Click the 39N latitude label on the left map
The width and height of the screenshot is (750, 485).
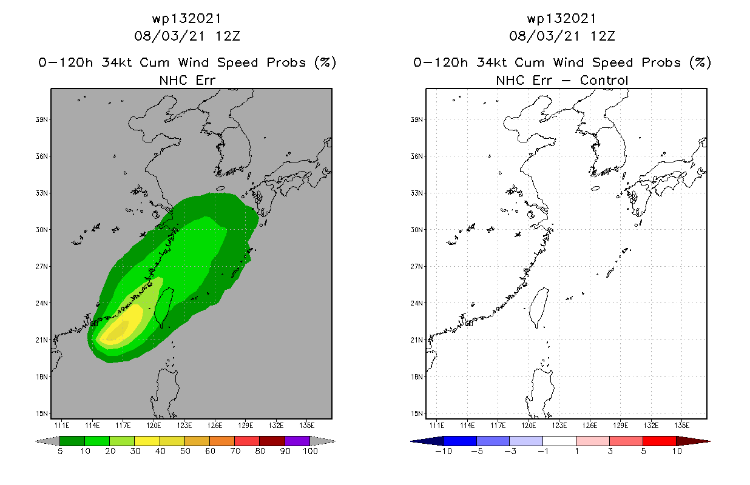pos(42,119)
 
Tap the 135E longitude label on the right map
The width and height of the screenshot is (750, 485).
pos(681,425)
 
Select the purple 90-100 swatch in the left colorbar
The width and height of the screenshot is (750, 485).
pos(297,441)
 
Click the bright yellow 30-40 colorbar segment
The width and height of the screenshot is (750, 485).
pos(147,441)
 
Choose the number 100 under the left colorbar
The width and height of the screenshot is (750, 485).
pos(310,452)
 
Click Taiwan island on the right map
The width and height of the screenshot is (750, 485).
pos(538,307)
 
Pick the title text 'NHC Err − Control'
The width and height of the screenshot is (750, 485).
pos(562,80)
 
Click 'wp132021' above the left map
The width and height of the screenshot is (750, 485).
pos(187,19)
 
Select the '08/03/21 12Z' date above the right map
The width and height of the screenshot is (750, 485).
pos(562,36)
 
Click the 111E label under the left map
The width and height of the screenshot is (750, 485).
pos(61,425)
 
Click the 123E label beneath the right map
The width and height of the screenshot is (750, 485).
pos(559,425)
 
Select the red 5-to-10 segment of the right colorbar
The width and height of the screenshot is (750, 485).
pos(659,441)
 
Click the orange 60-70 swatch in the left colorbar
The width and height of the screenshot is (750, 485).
pos(222,441)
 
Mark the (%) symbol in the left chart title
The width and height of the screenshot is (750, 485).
pos(325,62)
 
